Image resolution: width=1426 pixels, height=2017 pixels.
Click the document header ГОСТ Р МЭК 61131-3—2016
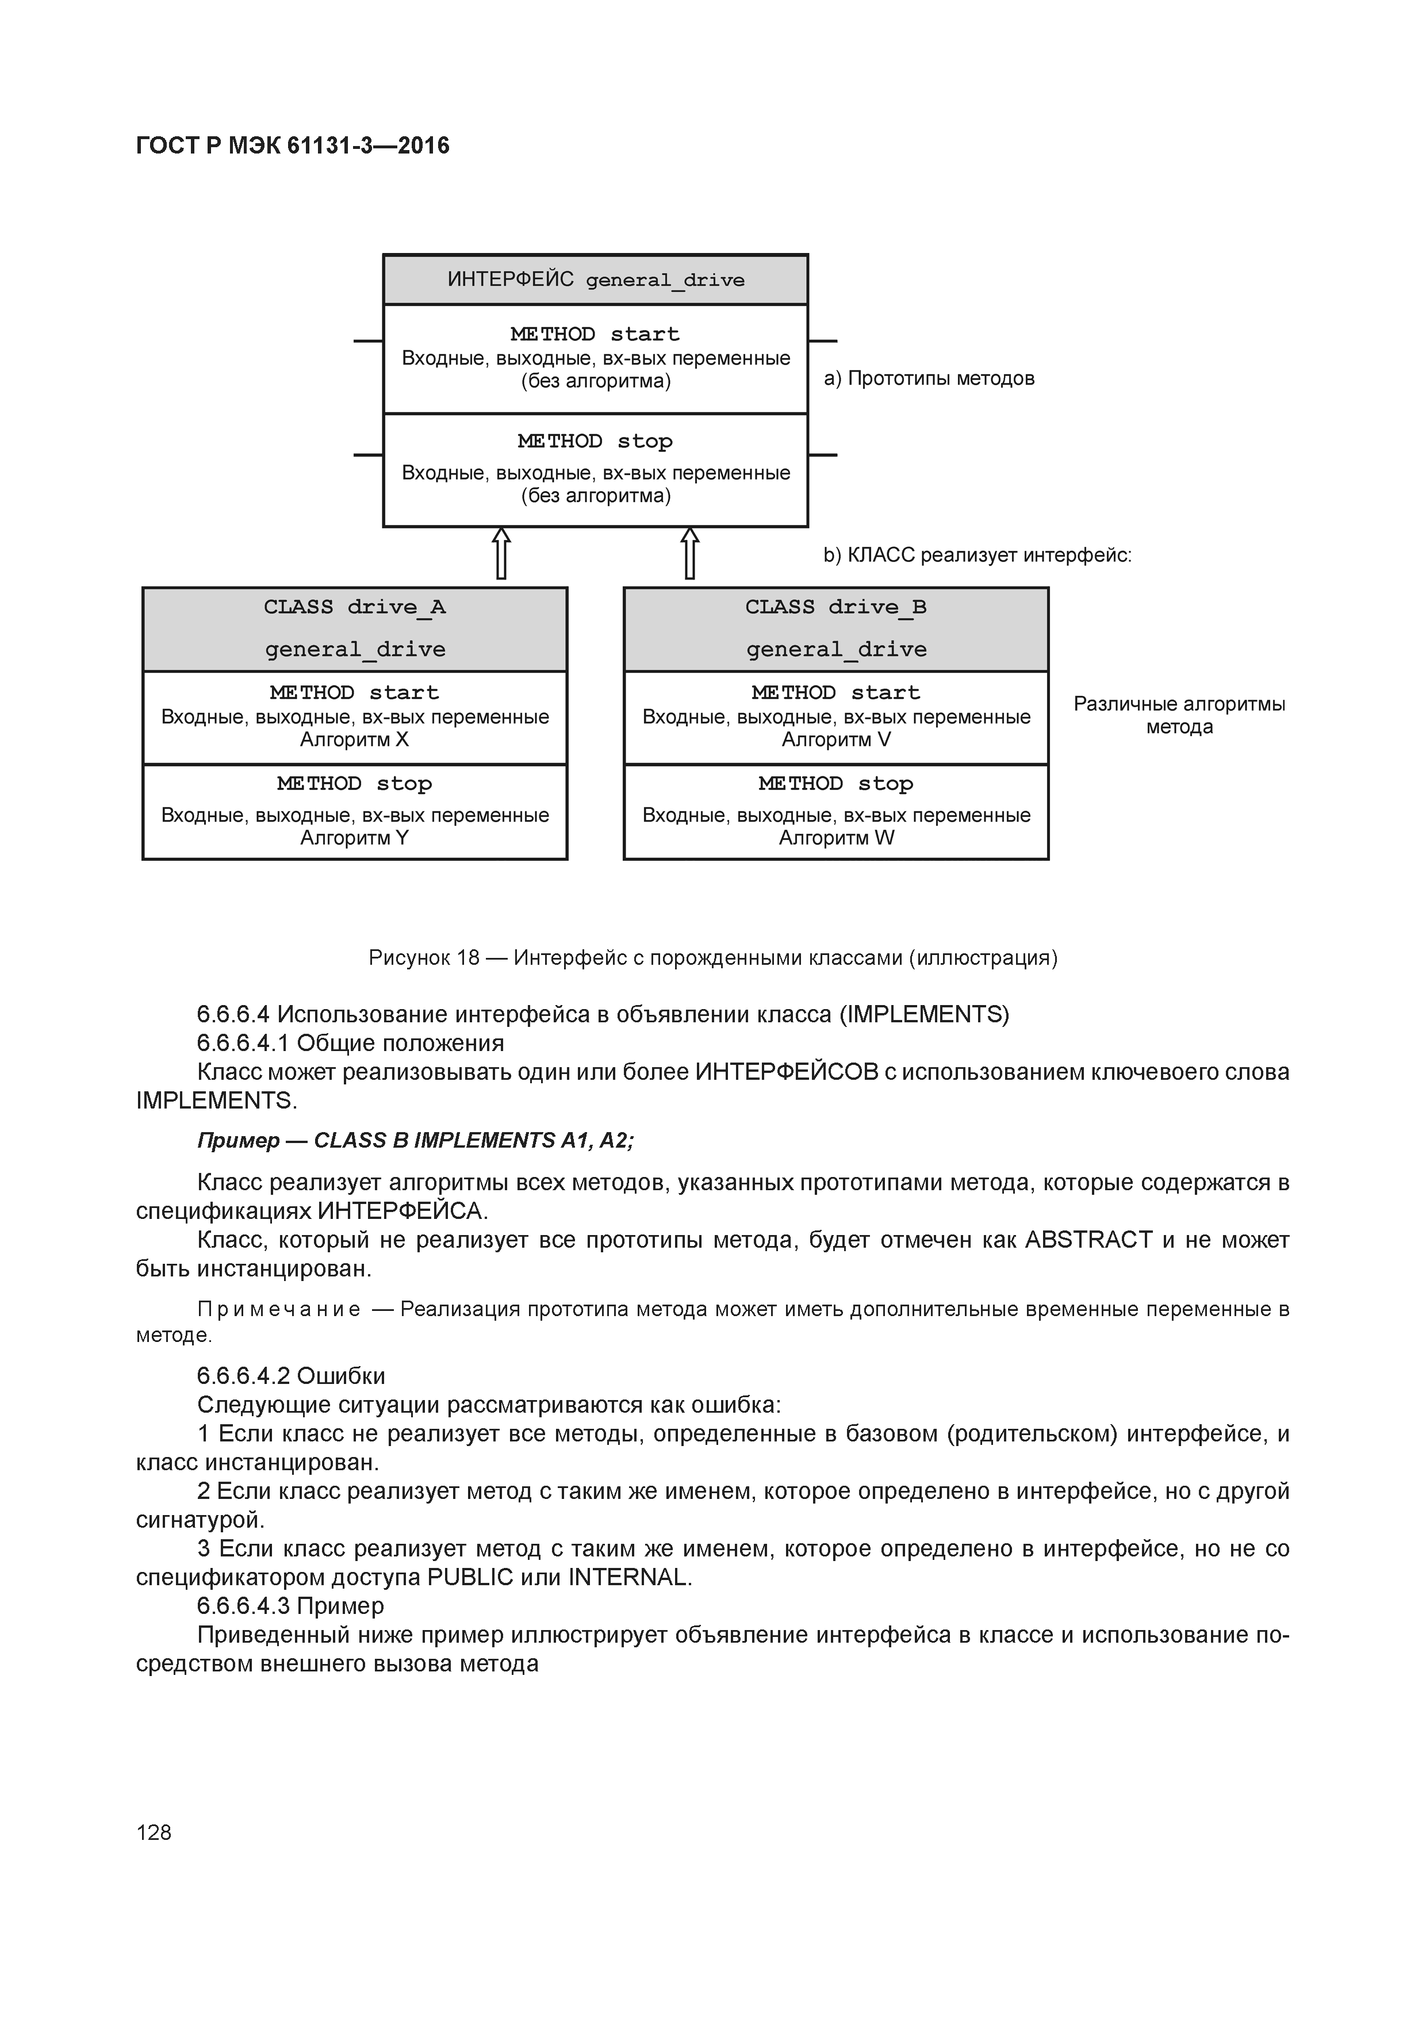point(293,146)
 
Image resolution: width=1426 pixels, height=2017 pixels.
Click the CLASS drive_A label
point(354,607)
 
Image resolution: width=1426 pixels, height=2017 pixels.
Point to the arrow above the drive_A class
point(501,554)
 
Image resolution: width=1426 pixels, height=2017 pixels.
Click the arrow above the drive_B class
point(690,554)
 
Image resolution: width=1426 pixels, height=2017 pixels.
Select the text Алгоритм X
point(354,739)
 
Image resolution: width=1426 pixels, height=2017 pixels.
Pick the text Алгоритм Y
point(354,838)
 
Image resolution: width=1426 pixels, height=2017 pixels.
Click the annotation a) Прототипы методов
point(929,379)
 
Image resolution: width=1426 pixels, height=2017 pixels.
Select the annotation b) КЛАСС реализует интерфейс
point(977,555)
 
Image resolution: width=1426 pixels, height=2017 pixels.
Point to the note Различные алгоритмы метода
point(1179,715)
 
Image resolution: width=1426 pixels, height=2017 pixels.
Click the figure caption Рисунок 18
point(712,957)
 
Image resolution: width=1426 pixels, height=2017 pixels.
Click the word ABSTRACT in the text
point(1088,1240)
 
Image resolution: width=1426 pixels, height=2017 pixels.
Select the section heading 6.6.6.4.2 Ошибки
point(291,1376)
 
